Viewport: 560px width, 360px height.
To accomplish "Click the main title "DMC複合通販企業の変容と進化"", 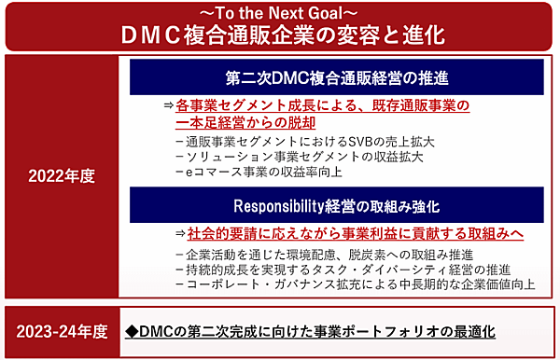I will coord(280,35).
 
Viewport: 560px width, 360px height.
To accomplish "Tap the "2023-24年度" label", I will coord(62,331).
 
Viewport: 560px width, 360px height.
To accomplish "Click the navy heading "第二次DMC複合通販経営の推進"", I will coord(338,76).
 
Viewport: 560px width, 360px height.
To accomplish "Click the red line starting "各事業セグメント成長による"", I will coord(322,105).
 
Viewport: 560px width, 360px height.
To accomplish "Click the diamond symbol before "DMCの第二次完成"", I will coord(132,331).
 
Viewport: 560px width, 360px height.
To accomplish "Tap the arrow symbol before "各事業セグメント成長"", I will coord(168,105).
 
